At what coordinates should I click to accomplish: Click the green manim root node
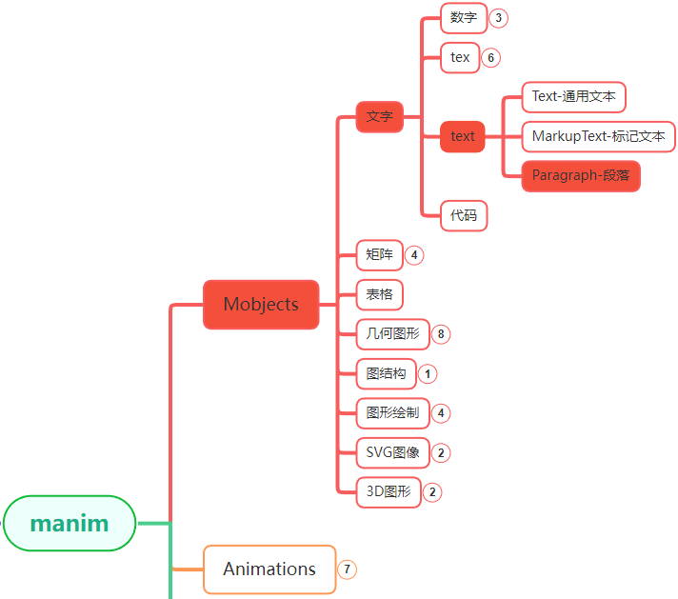coord(70,523)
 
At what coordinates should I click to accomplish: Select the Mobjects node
coord(261,305)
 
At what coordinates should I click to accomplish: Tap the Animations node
coord(269,569)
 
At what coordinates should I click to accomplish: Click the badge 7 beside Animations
coord(348,569)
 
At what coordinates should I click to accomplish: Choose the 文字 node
coord(380,116)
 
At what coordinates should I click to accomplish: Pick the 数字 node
coord(464,17)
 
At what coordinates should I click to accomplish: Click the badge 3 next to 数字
coord(498,17)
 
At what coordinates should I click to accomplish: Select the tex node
coord(460,57)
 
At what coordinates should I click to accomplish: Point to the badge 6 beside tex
coord(490,57)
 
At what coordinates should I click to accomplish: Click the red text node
coord(463,136)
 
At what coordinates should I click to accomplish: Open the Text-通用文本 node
coord(573,96)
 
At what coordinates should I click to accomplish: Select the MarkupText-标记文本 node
coord(598,136)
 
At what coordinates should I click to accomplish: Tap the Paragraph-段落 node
coord(581,175)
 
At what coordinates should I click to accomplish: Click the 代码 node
coord(464,215)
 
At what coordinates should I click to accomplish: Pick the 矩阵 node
coord(379,254)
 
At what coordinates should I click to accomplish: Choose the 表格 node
coord(379,294)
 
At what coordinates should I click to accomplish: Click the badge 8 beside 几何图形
coord(440,334)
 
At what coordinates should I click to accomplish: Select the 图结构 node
coord(386,373)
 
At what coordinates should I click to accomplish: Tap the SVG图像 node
coord(392,452)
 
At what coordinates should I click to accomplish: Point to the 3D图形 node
coord(388,492)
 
